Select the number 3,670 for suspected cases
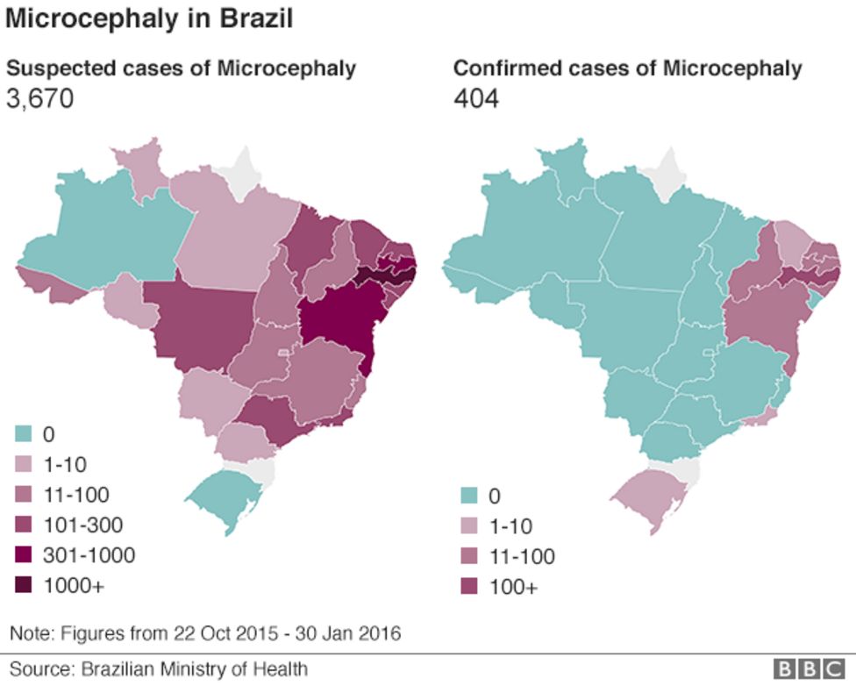(x=39, y=99)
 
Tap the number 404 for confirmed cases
(x=476, y=99)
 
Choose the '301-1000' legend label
(x=89, y=555)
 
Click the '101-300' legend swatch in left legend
(x=24, y=525)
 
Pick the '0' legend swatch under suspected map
(x=24, y=433)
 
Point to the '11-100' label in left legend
(x=76, y=495)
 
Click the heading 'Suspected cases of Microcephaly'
(x=182, y=68)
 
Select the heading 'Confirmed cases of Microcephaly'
(x=627, y=68)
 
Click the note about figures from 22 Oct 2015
(x=205, y=632)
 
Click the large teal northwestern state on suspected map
(x=105, y=224)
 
